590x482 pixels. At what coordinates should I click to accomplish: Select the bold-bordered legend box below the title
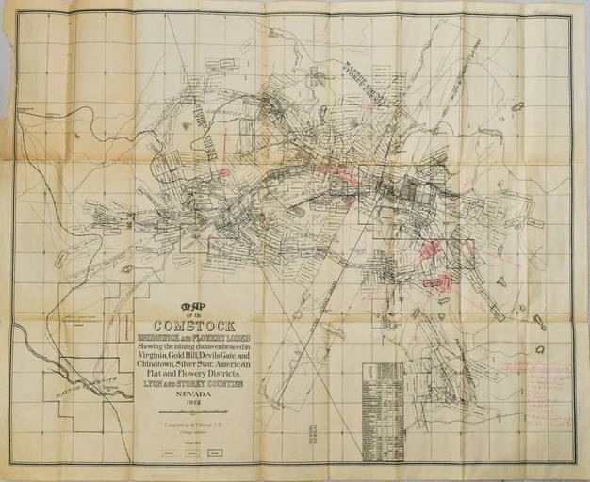[x=215, y=453]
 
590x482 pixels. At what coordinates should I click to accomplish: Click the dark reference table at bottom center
[x=383, y=411]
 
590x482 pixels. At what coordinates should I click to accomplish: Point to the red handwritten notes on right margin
[x=533, y=391]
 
